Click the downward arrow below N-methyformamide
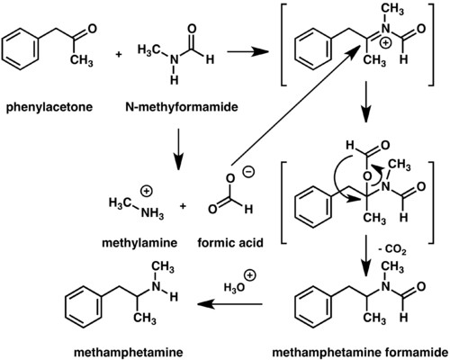tap(177, 148)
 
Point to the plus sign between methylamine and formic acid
tap(183, 206)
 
